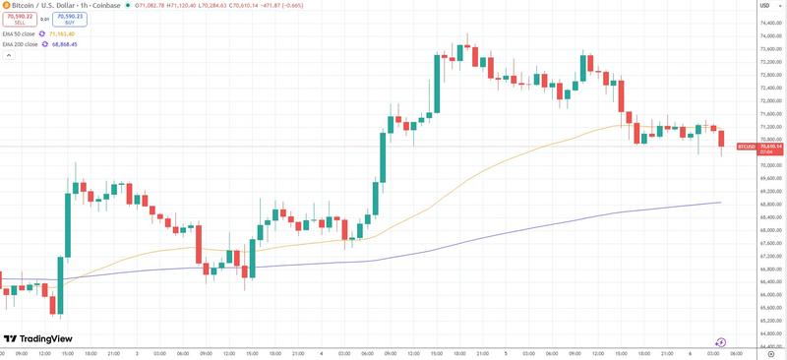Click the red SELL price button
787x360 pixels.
tap(19, 19)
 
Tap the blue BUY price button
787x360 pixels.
tap(68, 19)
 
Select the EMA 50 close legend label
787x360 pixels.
tap(20, 33)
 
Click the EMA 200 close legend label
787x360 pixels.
tap(21, 44)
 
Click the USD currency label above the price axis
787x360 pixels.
tap(764, 5)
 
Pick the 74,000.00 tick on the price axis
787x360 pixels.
tap(771, 37)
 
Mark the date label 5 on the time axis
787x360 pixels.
tap(506, 352)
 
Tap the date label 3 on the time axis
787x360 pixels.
tap(137, 352)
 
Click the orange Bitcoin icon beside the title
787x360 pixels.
tap(5, 5)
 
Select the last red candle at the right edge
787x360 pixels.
tap(722, 139)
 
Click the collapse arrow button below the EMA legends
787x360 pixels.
tap(8, 55)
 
